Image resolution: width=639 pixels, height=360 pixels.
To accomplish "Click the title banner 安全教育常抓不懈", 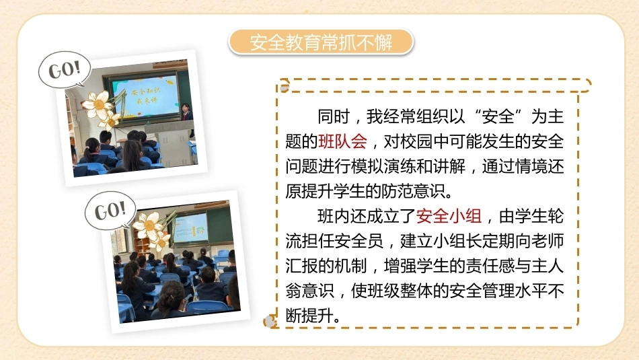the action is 321,42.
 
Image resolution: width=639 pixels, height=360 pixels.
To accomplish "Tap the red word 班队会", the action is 343,141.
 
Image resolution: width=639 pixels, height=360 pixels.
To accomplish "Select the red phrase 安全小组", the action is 449,216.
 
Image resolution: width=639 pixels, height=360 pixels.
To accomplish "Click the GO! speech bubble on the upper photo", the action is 65,69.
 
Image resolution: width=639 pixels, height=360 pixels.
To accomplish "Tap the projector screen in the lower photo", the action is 191,229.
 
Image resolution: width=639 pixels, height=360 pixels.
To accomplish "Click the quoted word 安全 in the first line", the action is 498,116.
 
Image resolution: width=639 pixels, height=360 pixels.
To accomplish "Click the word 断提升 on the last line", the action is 309,316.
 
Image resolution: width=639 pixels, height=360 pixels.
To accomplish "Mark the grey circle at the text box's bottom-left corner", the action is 269,322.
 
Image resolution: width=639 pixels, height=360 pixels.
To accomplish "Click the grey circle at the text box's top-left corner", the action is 285,86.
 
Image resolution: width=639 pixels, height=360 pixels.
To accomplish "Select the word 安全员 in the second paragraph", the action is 359,241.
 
